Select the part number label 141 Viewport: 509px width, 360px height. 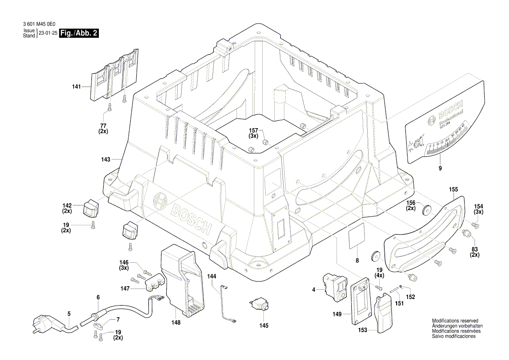pos(76,87)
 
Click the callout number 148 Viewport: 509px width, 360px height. pos(175,323)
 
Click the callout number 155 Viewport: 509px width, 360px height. pos(453,190)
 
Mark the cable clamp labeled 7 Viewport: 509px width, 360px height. pos(98,325)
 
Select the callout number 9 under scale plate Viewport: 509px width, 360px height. pos(440,168)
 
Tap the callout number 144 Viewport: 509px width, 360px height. pos(212,276)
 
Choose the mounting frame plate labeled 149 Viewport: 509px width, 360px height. pos(360,301)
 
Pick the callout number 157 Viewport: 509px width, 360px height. pos(253,130)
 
